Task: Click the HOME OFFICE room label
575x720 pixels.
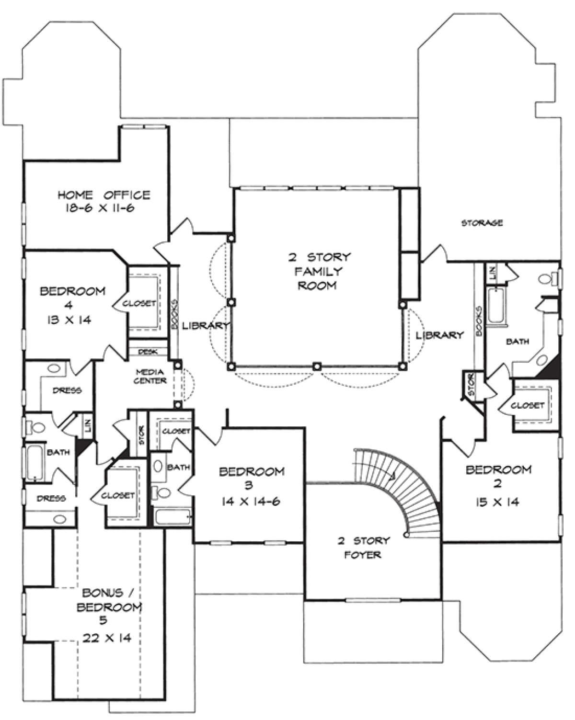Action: (x=104, y=194)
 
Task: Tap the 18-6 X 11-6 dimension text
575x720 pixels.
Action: (x=100, y=208)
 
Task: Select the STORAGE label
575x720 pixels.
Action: (x=482, y=222)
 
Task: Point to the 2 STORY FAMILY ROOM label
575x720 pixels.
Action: (x=320, y=271)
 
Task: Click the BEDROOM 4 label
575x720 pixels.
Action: (x=72, y=305)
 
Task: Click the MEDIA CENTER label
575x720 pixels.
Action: (x=150, y=377)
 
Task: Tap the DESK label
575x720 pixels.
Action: (x=148, y=352)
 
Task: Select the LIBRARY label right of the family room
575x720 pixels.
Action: (x=440, y=335)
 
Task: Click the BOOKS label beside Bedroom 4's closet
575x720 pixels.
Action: (x=175, y=315)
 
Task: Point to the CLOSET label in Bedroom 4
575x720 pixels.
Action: (x=139, y=303)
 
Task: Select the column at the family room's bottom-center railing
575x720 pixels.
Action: (x=317, y=366)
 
